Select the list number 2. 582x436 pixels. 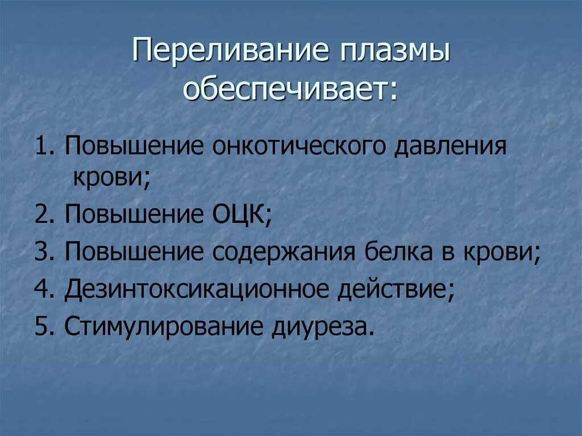(x=44, y=215)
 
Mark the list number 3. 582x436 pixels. (x=44, y=252)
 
